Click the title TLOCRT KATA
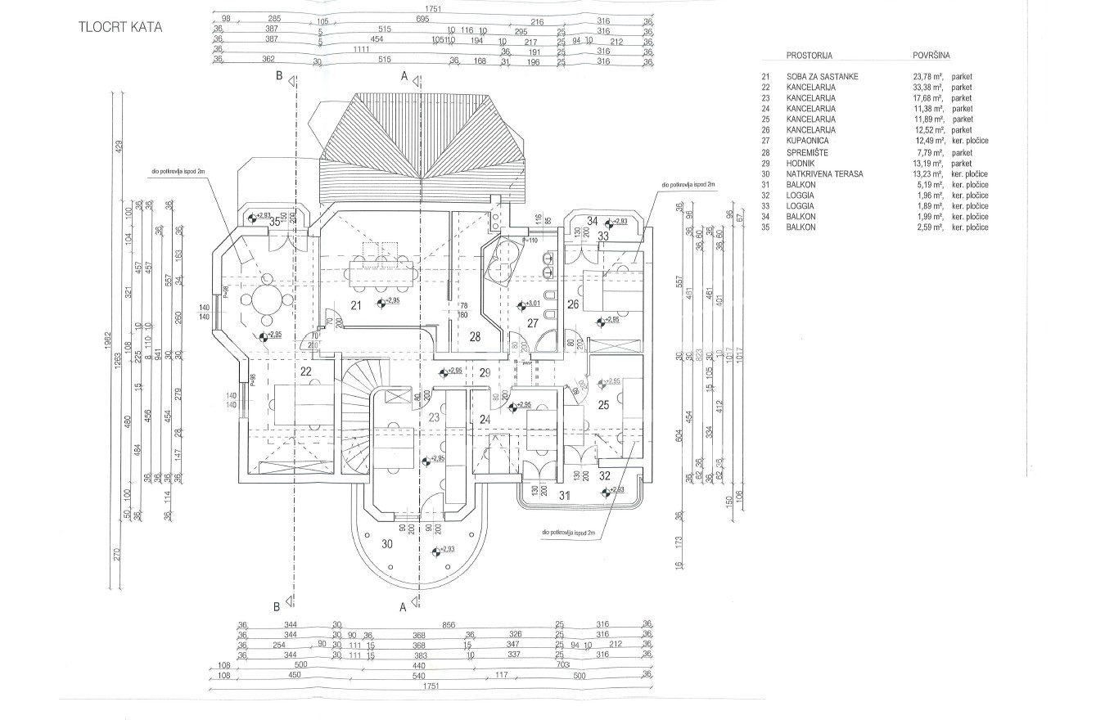(x=121, y=26)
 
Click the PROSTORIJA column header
(x=809, y=56)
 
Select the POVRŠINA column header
(x=931, y=56)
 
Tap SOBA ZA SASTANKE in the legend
(x=822, y=76)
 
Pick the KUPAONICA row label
(x=810, y=141)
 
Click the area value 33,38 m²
(x=929, y=87)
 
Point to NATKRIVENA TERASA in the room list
(x=824, y=173)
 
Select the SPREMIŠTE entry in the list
(x=810, y=152)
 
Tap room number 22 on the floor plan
(x=306, y=371)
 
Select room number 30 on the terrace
(x=387, y=542)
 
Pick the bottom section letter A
(x=402, y=607)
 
